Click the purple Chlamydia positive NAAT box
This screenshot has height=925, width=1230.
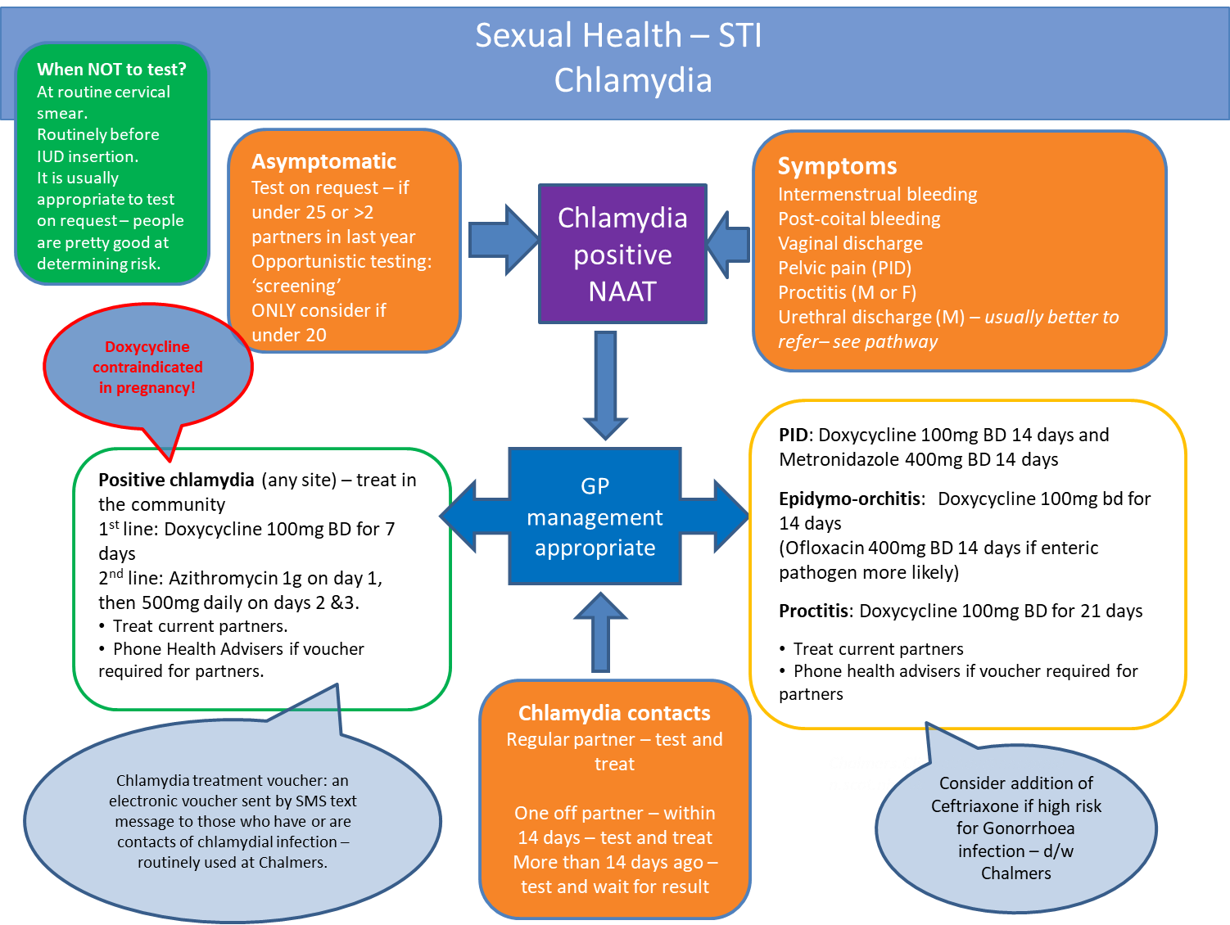pyautogui.click(x=622, y=254)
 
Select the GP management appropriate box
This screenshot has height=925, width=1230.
pyautogui.click(x=595, y=517)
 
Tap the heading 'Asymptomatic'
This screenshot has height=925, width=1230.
pyautogui.click(x=323, y=161)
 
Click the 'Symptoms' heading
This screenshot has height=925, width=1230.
pyautogui.click(x=837, y=166)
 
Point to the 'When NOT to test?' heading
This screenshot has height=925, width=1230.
pyautogui.click(x=111, y=70)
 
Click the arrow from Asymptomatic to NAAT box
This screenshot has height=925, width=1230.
pyautogui.click(x=501, y=240)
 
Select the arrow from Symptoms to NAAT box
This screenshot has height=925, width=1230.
pyautogui.click(x=728, y=244)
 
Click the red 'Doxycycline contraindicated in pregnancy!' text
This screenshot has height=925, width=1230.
pyautogui.click(x=147, y=368)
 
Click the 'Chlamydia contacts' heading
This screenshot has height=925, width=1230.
pyautogui.click(x=614, y=713)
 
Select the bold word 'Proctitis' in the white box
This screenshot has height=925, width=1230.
pyautogui.click(x=813, y=611)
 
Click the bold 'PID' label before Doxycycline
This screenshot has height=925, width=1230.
pyautogui.click(x=793, y=435)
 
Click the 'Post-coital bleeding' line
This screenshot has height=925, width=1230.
pyautogui.click(x=858, y=219)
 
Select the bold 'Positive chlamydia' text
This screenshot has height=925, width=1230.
pyautogui.click(x=176, y=480)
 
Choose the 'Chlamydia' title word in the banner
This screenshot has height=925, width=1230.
pyautogui.click(x=632, y=80)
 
